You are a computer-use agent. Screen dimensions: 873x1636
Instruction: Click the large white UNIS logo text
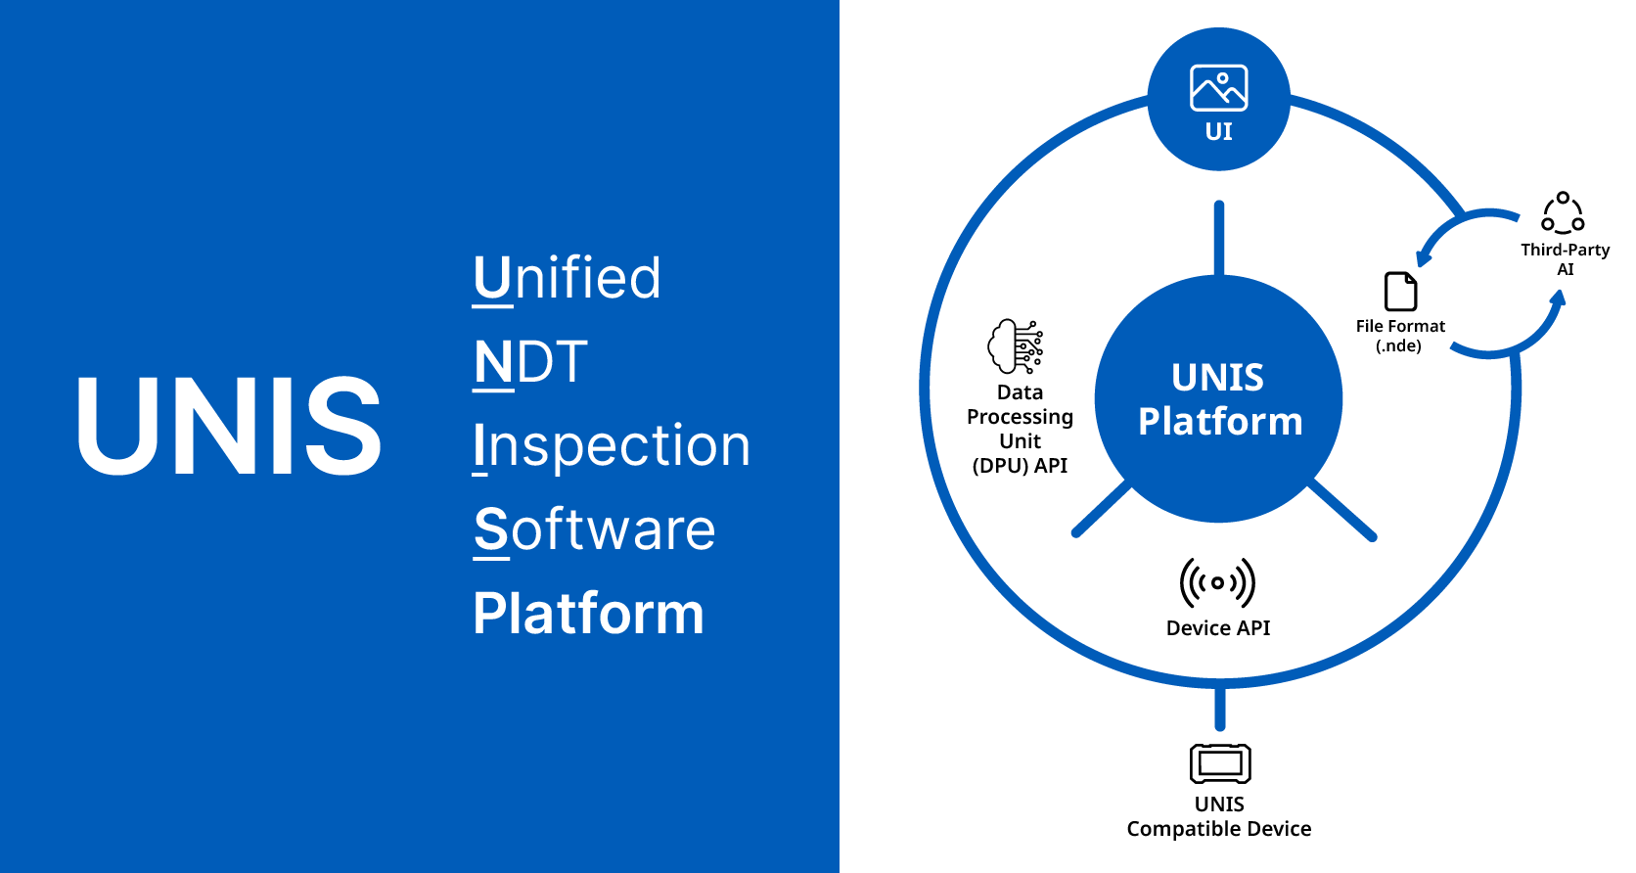tap(229, 427)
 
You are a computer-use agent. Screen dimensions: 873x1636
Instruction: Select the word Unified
tap(567, 278)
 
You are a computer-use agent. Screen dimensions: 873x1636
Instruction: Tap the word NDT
tap(530, 362)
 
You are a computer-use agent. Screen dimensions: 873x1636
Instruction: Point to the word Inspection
tap(612, 446)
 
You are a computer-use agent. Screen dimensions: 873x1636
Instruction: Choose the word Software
tap(594, 530)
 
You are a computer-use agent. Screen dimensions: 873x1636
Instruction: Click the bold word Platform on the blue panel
tap(588, 615)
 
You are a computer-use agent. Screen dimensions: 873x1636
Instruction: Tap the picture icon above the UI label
tap(1218, 88)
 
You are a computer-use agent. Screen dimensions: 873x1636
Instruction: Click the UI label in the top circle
tap(1218, 132)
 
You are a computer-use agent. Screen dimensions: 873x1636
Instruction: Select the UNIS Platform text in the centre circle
tap(1219, 399)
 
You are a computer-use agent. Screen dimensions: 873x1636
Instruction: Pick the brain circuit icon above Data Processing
tap(1016, 345)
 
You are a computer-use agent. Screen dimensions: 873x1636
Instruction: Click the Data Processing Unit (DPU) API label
tap(1020, 429)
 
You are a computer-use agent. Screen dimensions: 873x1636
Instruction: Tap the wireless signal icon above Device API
tap(1217, 583)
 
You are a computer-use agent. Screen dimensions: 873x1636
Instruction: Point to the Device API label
tap(1217, 628)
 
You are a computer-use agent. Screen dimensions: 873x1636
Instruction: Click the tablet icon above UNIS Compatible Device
tap(1219, 763)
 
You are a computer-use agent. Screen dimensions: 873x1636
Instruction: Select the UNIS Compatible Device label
tap(1219, 817)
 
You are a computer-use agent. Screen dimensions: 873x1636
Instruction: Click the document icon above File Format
tap(1401, 292)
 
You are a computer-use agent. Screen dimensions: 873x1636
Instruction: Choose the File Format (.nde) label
tap(1400, 336)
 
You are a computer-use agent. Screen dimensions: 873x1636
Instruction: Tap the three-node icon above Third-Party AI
tap(1563, 212)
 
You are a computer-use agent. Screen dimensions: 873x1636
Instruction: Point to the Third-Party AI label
tap(1565, 259)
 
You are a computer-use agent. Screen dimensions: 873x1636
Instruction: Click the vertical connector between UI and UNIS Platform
tap(1218, 238)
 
